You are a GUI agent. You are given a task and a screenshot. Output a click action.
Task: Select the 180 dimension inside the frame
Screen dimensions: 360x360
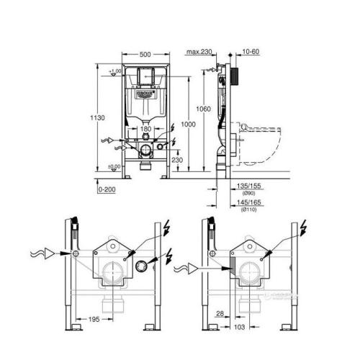(146, 129)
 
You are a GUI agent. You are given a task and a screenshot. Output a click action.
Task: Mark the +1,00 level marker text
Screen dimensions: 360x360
(113, 72)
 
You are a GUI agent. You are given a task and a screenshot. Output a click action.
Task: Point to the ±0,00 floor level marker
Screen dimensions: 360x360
(113, 168)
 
